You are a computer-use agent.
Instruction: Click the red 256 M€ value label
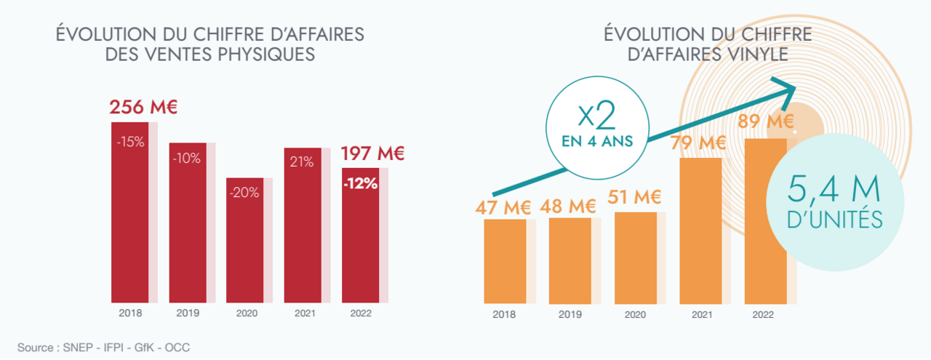143,108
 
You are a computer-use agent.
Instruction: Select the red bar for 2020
245,240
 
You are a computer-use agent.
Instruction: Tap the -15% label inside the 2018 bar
131,142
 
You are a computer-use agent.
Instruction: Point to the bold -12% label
360,184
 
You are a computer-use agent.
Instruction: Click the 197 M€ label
372,153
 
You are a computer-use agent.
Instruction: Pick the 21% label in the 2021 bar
303,162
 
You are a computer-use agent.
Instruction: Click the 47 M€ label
503,207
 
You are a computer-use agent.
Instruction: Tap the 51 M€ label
635,196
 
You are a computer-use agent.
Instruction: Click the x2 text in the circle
598,117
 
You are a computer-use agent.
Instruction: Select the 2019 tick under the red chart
188,314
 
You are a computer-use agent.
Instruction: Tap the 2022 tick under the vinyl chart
764,314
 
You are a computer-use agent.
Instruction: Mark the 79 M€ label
698,143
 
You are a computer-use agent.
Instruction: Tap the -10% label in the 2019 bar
188,159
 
